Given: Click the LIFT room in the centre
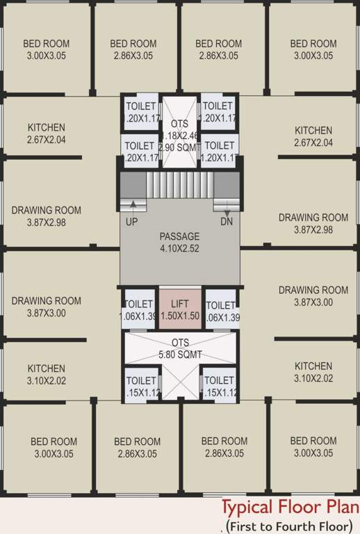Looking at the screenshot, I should (180, 309).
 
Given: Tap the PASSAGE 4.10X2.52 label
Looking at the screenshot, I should (179, 242).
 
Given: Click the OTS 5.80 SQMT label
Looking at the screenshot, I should (180, 348).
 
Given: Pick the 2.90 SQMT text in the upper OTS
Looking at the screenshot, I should (179, 147).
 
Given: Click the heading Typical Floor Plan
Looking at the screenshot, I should (290, 506).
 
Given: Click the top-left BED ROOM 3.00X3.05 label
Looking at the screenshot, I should (46, 49).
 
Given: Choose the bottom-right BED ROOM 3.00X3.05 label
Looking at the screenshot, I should (313, 447).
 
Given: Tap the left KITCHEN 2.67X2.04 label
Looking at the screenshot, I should (47, 133).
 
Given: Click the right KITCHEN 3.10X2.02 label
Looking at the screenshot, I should (313, 372).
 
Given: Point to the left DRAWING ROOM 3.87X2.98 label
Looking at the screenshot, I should (47, 216).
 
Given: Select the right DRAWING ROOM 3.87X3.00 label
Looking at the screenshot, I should (313, 296).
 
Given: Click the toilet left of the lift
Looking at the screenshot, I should (138, 310).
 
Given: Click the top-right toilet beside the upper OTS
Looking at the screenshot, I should (218, 112).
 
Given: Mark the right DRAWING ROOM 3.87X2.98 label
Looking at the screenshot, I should (313, 223).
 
